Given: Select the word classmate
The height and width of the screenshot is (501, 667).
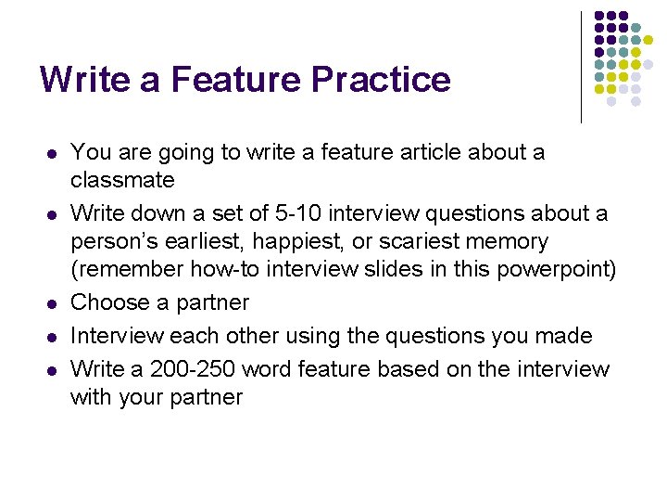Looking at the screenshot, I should (122, 179).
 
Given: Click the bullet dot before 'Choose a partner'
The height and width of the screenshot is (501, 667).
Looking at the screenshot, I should (53, 303).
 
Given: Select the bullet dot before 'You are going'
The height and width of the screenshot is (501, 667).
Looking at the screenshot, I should (53, 152).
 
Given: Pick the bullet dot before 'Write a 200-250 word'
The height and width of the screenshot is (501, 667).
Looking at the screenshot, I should (53, 369).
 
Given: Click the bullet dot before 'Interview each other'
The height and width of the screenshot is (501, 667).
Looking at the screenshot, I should (53, 336).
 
